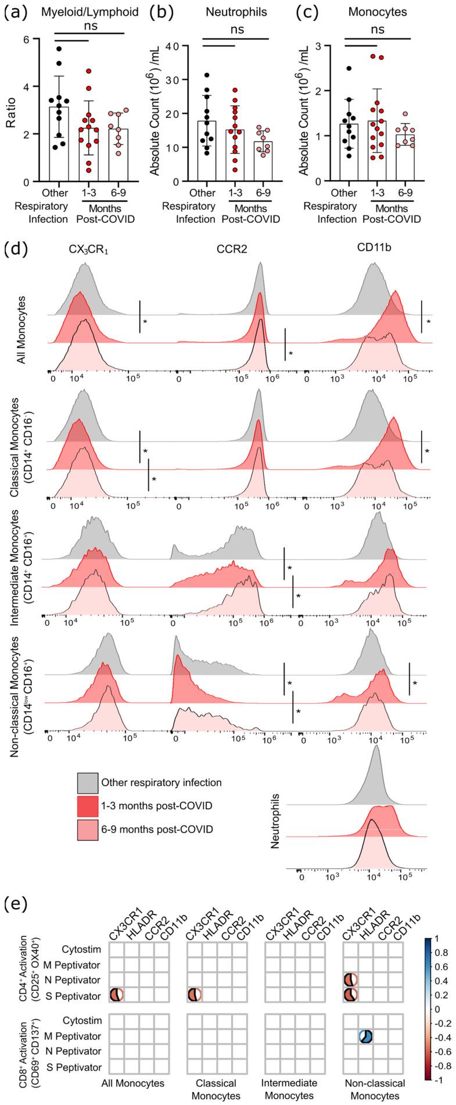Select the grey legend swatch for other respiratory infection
87,782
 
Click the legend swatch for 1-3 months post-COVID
87,805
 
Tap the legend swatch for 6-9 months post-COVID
87,828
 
